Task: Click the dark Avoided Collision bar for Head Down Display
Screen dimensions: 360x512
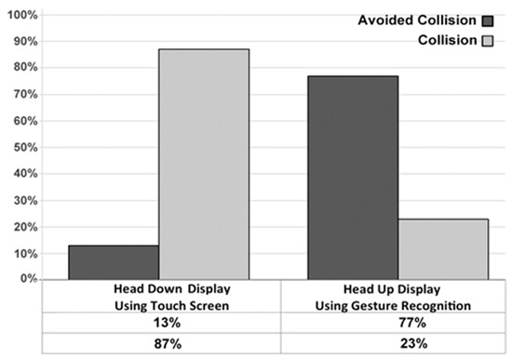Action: pyautogui.click(x=113, y=261)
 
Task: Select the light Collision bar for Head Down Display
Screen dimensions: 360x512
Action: pyautogui.click(x=203, y=164)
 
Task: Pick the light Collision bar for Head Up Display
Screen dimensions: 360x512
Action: pyautogui.click(x=443, y=248)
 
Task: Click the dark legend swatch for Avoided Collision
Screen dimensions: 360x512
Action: pyautogui.click(x=486, y=20)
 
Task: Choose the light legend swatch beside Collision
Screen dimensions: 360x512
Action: pyautogui.click(x=486, y=41)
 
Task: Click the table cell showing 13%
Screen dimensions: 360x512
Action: pyautogui.click(x=164, y=324)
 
